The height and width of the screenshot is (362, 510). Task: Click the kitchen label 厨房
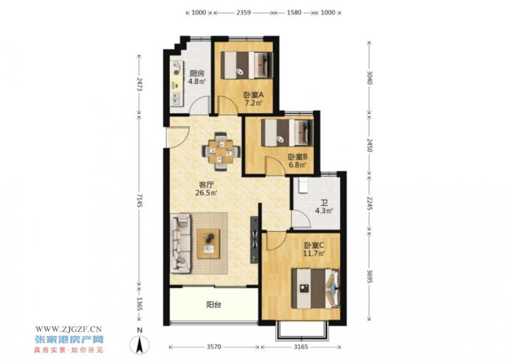tap(197, 73)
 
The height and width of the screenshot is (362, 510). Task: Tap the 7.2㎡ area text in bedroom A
tap(253, 103)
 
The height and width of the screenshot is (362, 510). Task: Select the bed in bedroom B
tap(287, 133)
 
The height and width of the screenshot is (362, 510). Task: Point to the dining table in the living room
tap(221, 151)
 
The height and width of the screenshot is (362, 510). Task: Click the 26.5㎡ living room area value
tap(206, 193)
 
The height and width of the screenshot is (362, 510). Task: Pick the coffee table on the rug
tap(208, 244)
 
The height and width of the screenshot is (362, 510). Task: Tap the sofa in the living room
tap(180, 243)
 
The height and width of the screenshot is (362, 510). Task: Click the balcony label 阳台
tap(214, 305)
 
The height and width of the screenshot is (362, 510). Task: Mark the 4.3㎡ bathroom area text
tap(323, 211)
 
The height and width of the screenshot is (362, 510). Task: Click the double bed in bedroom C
tap(315, 288)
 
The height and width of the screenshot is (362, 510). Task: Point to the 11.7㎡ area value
tap(314, 253)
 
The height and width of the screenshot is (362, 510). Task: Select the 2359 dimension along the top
tap(243, 13)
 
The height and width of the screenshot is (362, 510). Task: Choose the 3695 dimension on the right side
tap(370, 276)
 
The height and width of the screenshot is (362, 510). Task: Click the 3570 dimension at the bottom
tap(214, 347)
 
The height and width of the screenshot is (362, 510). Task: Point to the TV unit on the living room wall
tap(254, 239)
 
